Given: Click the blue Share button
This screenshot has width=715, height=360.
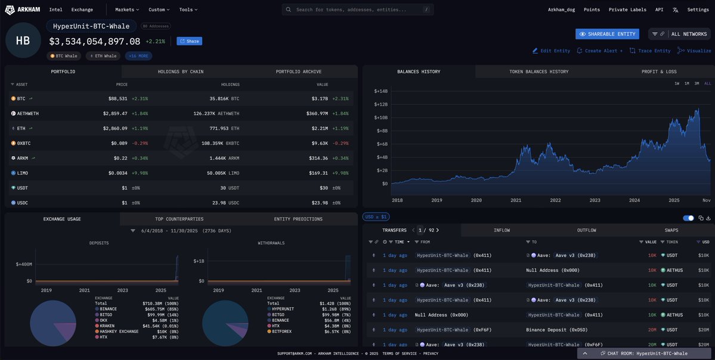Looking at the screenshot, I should point(189,41).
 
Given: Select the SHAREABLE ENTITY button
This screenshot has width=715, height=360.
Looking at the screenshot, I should point(607,34).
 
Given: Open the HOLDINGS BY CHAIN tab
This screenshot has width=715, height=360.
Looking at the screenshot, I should point(180,72).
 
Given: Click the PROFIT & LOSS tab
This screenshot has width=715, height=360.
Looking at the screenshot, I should point(659,72).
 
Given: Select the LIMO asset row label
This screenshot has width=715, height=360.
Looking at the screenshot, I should point(23,173).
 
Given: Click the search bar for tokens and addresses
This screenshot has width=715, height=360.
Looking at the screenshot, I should point(358,10).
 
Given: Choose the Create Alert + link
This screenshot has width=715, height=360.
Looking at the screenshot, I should point(599,51).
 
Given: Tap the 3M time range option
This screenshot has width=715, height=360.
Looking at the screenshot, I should point(697,83).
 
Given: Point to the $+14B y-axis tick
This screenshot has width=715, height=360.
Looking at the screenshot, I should point(380,91).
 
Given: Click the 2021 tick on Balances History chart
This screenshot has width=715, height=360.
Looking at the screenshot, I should point(516,201).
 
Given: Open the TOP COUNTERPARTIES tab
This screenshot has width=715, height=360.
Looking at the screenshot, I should point(179,219).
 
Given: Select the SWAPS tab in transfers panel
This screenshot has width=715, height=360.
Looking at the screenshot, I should point(671,230).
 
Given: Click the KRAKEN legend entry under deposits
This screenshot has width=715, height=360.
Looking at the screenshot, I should point(108,325).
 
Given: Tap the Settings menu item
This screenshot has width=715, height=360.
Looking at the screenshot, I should point(698,10).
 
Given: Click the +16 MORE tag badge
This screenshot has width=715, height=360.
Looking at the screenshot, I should point(138,56).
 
